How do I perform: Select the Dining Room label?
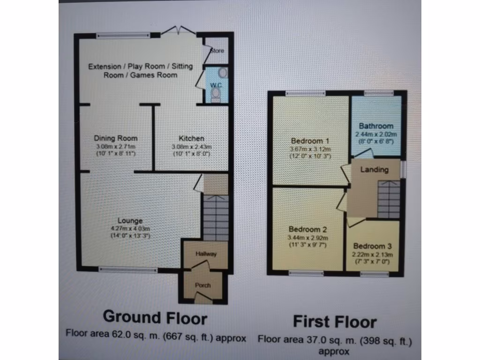(116, 138)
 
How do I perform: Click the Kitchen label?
(191, 138)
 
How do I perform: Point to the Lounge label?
(130, 221)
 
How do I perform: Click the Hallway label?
(206, 254)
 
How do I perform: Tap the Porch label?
(202, 285)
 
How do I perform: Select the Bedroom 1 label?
(307, 141)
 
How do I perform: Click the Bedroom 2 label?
(307, 229)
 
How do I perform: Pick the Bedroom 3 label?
(372, 246)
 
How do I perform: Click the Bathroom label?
(376, 126)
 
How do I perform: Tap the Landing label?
(374, 170)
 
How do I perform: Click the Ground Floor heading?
(155, 317)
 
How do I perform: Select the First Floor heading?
(335, 322)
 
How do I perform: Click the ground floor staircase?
(215, 218)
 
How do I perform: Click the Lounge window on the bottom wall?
(128, 270)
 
